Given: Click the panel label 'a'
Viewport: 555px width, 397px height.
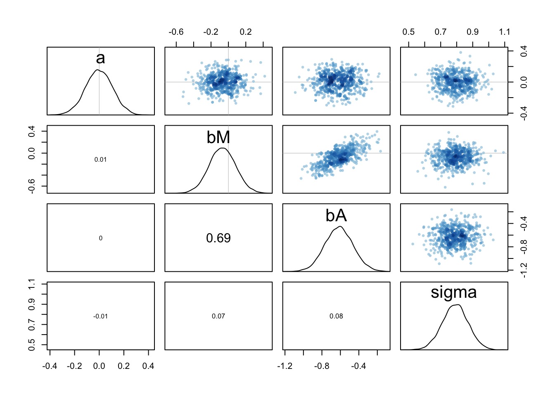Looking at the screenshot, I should click(100, 58).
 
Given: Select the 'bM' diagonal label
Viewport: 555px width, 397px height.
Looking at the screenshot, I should click(218, 137).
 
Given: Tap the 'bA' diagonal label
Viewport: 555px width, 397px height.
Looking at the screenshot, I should click(336, 215).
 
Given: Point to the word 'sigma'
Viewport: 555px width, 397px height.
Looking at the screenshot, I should click(453, 292).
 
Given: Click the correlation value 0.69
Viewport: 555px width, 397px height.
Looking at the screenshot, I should click(218, 238).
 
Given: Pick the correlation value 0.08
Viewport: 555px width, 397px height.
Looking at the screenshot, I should click(336, 316).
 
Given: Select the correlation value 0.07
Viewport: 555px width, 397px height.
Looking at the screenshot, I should click(218, 316).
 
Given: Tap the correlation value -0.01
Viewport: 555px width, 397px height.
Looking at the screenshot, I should click(100, 316).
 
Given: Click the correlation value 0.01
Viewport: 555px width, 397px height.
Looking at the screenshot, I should click(100, 160).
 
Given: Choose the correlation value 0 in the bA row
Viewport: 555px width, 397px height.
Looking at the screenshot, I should click(100, 238).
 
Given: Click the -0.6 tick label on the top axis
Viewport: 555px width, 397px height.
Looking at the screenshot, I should click(176, 32).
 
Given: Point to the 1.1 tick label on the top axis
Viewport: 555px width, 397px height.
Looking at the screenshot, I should click(504, 32).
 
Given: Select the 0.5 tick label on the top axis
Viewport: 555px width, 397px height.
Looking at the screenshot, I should click(408, 32).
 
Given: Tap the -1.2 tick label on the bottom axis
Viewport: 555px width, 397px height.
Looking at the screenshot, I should click(285, 366).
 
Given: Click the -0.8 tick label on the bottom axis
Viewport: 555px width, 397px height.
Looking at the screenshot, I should click(322, 366).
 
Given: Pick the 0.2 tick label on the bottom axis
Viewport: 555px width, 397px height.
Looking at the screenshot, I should click(123, 366).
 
